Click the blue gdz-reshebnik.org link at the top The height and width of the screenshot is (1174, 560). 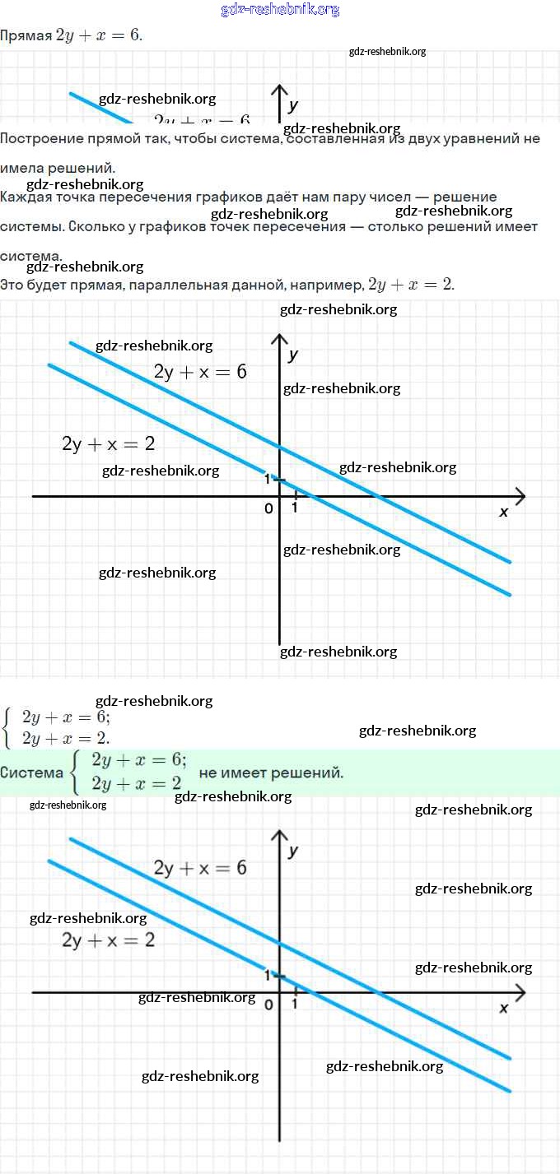280,10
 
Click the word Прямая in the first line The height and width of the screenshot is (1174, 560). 25,36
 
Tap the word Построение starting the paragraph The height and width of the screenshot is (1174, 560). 40,138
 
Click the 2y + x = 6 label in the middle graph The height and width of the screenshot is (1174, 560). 200,371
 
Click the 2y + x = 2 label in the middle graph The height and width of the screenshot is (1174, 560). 108,443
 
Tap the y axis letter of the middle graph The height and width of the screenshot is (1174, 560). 293,355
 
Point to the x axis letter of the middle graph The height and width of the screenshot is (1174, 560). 504,512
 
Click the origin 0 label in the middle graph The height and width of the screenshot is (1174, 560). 268,508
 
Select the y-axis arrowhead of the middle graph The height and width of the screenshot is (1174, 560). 280,340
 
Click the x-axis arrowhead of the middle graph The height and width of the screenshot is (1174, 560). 519,496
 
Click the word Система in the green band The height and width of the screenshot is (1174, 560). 32,773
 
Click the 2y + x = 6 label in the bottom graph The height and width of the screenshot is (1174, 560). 200,867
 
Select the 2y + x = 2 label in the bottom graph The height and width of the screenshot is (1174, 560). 108,939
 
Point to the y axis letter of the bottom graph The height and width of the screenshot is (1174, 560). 293,851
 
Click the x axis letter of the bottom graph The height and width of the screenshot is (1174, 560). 504,1008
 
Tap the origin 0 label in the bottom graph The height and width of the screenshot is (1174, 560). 268,1005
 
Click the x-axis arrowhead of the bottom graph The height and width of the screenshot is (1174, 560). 519,992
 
